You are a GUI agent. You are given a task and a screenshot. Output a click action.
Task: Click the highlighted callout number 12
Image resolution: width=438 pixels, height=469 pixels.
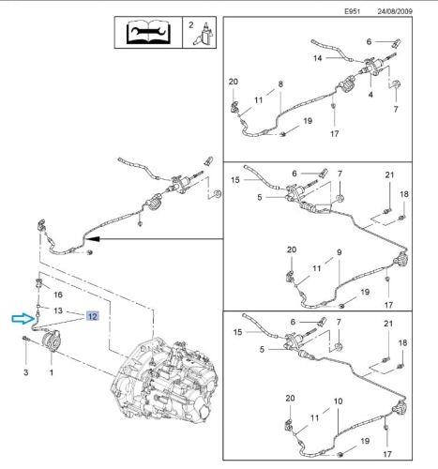93,316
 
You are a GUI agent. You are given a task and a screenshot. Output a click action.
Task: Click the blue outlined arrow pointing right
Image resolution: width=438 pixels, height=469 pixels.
23,319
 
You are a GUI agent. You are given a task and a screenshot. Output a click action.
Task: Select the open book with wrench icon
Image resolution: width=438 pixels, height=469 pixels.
148,32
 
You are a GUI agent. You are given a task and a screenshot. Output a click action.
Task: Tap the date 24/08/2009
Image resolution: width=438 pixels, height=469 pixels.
395,11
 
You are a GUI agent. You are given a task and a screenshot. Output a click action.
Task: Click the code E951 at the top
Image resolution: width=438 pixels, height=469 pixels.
353,11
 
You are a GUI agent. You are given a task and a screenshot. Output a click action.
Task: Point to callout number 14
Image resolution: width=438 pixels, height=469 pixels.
317,58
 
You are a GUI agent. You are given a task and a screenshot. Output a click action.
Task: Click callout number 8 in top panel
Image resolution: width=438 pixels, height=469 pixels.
280,83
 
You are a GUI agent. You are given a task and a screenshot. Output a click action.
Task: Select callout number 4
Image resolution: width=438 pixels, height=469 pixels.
370,94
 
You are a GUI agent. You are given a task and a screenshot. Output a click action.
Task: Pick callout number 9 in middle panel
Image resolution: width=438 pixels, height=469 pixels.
340,252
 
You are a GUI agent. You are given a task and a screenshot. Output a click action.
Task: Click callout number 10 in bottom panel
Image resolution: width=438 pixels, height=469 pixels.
338,401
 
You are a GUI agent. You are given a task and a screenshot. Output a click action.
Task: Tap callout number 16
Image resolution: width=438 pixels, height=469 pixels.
58,295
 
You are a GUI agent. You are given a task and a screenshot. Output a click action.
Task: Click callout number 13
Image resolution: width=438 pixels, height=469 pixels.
58,310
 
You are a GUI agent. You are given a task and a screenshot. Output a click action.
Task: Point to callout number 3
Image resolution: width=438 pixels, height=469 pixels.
26,372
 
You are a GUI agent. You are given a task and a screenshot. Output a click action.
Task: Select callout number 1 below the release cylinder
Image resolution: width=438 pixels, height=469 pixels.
52,372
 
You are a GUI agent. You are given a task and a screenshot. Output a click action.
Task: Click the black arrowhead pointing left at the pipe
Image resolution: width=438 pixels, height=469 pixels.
93,239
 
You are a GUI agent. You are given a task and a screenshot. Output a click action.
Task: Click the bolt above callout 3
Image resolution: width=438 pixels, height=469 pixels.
25,339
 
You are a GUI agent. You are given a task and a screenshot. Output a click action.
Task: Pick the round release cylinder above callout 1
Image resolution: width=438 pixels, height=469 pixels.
50,340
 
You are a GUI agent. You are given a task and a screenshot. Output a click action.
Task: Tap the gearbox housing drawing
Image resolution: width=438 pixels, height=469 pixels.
164,382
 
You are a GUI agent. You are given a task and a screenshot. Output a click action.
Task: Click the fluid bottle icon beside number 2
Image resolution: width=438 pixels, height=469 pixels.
204,33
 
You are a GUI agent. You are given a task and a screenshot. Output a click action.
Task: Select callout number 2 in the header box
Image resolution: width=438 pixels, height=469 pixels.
190,25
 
